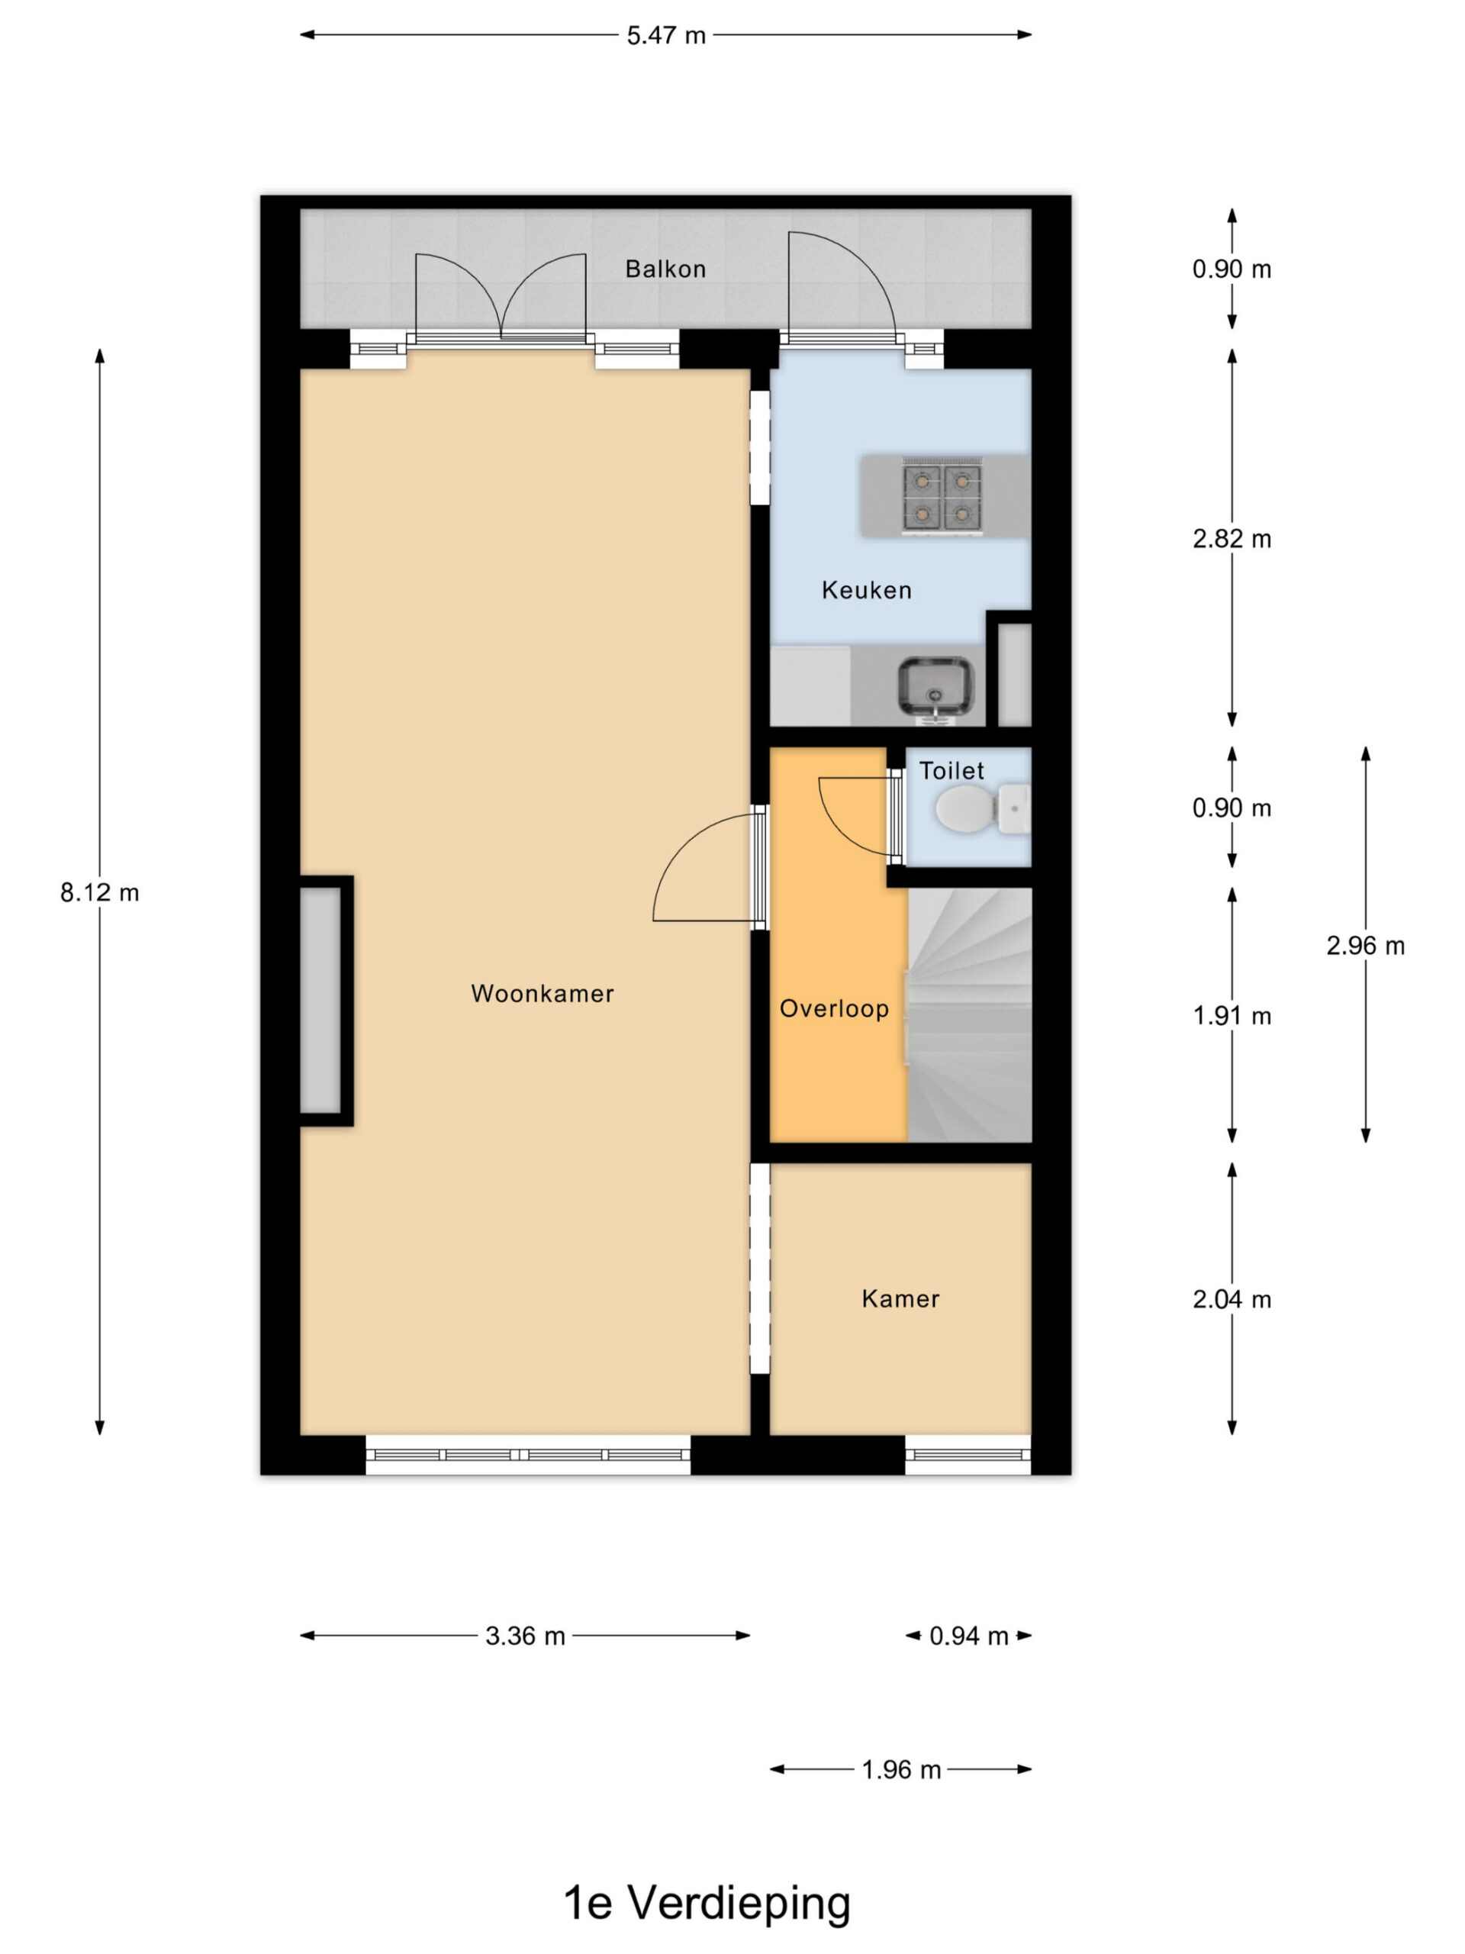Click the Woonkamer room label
click(x=543, y=994)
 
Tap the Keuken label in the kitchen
click(x=866, y=590)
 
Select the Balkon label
click(x=666, y=269)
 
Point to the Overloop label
click(x=834, y=1009)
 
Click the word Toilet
click(x=951, y=771)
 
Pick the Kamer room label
click(x=900, y=1298)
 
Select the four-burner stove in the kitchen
click(x=942, y=495)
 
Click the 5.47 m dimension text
click(x=666, y=35)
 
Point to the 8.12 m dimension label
click(x=100, y=893)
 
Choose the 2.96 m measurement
click(x=1365, y=946)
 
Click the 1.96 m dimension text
click(x=900, y=1770)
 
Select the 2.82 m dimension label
click(x=1232, y=539)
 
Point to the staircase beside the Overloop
click(x=970, y=1015)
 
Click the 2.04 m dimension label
click(x=1232, y=1299)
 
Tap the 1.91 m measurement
click(x=1232, y=1016)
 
